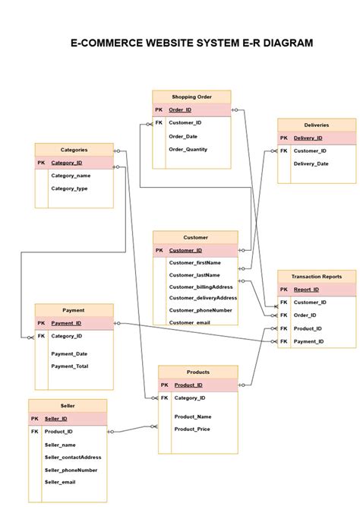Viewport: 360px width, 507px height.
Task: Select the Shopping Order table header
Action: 191,97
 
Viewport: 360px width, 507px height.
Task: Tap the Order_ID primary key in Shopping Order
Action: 180,110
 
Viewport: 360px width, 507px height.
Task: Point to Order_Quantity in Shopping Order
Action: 188,149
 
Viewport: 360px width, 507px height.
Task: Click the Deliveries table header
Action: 316,125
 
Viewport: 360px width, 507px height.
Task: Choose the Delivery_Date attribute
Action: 311,163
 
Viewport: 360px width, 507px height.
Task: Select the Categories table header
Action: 74,150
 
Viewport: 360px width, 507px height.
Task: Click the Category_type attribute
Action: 69,188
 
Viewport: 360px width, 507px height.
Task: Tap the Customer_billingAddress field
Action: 201,287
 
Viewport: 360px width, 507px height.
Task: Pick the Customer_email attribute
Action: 189,322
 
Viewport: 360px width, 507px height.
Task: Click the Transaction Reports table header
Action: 316,277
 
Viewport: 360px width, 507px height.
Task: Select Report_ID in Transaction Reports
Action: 306,290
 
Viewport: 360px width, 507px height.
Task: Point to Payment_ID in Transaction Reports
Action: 309,341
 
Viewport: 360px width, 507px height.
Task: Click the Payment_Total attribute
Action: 69,366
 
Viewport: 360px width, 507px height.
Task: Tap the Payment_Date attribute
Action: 69,353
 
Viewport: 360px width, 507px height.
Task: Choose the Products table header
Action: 197,372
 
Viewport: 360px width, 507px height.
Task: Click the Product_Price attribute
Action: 192,429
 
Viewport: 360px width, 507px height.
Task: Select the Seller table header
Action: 68,405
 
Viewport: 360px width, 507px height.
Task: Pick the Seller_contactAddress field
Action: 73,457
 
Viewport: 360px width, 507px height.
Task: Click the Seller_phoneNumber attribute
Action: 71,470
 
